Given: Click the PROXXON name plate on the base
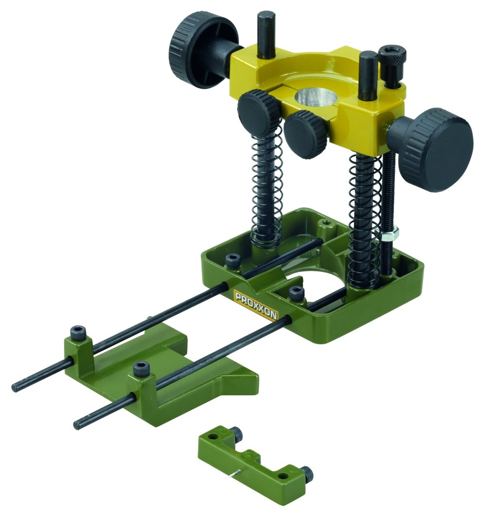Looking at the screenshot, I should tap(256, 305).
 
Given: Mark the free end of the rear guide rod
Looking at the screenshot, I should tap(16, 387).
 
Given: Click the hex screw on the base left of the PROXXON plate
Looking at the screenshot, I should tap(232, 260).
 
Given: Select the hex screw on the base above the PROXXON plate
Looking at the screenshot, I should tap(296, 293).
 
